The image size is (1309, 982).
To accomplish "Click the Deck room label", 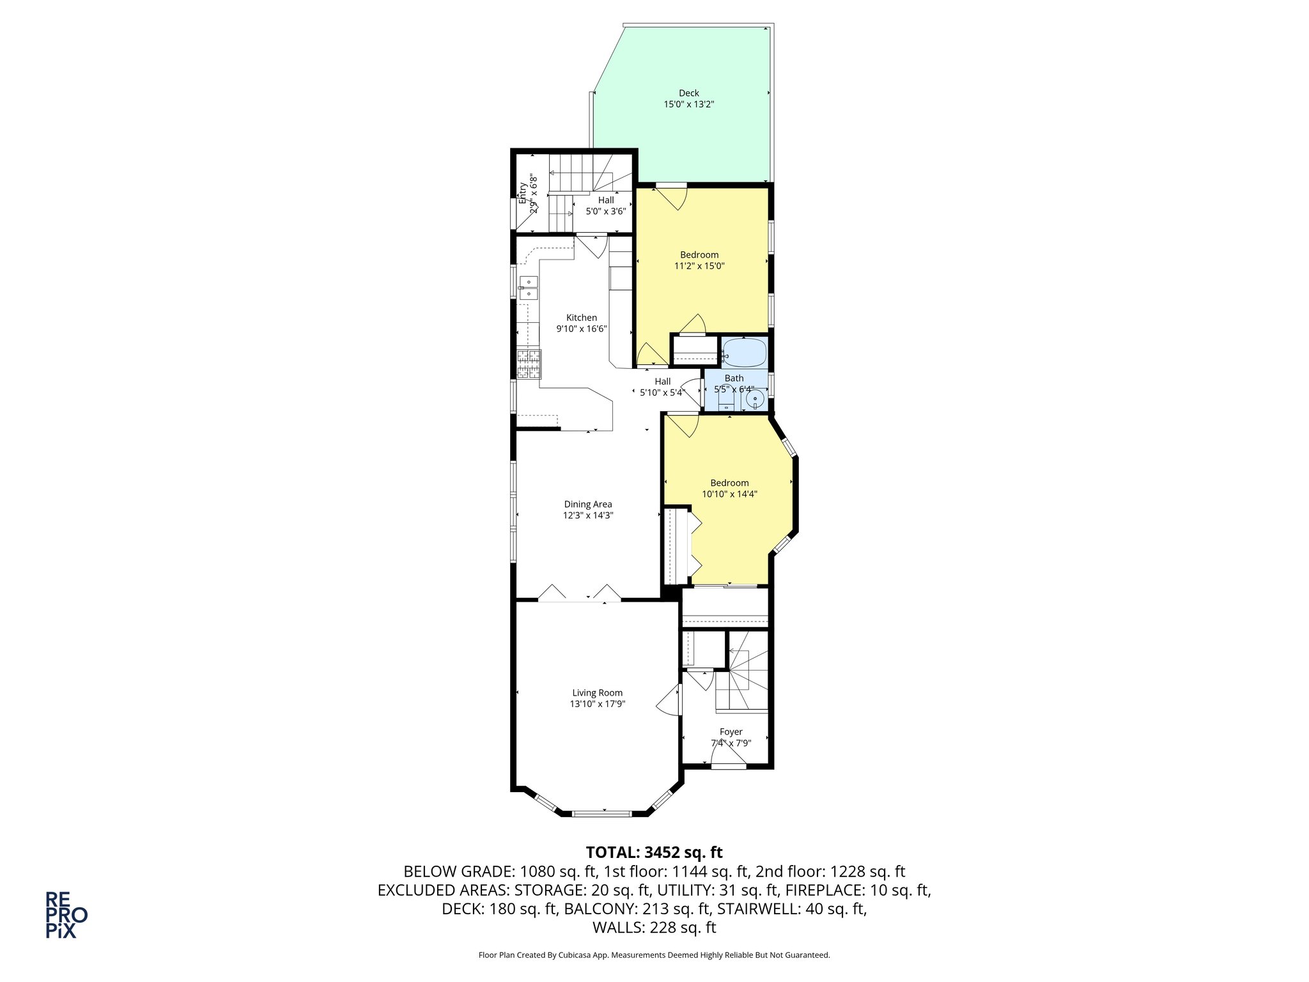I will click(688, 93).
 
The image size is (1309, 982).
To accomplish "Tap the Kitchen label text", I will click(581, 318).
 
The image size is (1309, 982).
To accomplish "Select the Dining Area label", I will click(587, 504).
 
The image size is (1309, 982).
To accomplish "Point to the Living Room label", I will click(597, 693).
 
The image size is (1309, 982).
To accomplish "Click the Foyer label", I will click(731, 732).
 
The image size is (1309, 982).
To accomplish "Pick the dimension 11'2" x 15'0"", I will click(699, 266).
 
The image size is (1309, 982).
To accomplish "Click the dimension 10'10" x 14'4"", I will click(729, 494).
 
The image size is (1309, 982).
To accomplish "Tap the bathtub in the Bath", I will click(744, 353).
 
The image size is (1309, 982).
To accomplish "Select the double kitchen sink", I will click(529, 288).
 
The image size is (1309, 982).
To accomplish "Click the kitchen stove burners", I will click(529, 364).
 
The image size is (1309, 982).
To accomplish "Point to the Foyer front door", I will click(728, 765).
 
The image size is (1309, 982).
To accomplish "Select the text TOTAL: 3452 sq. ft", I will click(654, 852).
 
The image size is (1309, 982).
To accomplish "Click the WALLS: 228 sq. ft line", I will click(654, 928).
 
